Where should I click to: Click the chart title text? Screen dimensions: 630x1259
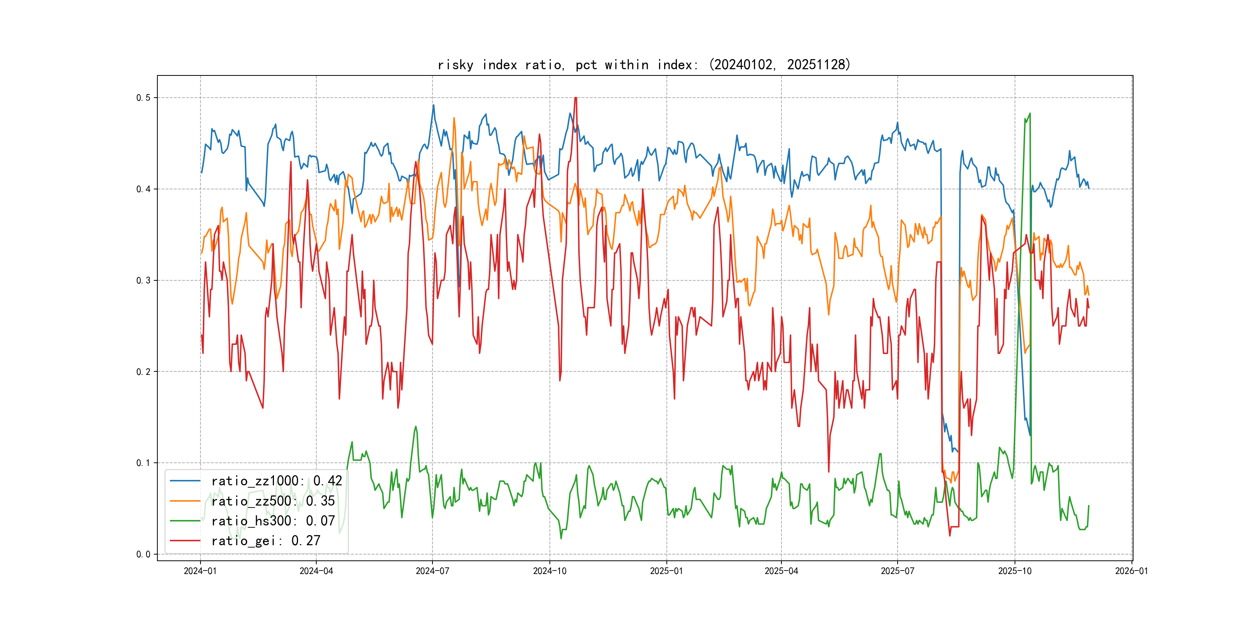(x=643, y=65)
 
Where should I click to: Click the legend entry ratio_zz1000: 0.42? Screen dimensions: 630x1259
(x=276, y=481)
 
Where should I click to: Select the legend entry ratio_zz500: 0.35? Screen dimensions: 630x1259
(x=273, y=501)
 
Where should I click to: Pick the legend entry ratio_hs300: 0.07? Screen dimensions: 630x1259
(x=273, y=521)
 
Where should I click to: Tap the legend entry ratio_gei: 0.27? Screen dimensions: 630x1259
(x=265, y=541)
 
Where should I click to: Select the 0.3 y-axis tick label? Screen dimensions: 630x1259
(x=143, y=280)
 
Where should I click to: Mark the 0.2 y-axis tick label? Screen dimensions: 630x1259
(x=143, y=372)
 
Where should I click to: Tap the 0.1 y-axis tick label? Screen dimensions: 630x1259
(x=143, y=463)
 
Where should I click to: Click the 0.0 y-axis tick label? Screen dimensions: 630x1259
(x=143, y=554)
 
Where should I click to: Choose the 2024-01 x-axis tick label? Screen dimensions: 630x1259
(x=200, y=571)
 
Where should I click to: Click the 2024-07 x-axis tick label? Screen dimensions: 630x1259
(x=432, y=571)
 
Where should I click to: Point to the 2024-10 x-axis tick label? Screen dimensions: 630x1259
(x=549, y=571)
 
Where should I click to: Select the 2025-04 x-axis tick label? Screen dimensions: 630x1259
(x=781, y=571)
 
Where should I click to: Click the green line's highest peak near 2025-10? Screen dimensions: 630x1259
(x=1030, y=114)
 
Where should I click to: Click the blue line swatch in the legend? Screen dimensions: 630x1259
(x=185, y=481)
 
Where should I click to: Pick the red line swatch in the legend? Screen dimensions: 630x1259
(x=185, y=541)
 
